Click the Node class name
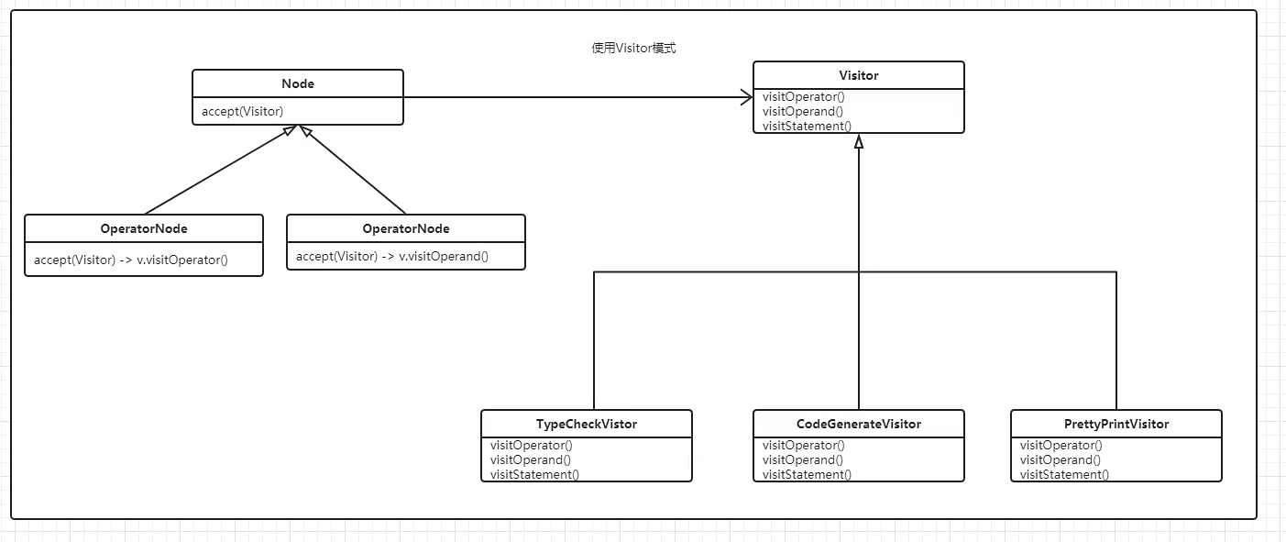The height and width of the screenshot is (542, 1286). click(x=297, y=83)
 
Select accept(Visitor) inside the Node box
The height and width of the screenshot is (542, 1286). click(x=242, y=111)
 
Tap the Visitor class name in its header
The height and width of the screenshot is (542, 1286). click(x=858, y=75)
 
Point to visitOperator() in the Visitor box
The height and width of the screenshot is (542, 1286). click(x=803, y=96)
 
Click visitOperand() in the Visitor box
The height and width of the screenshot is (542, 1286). click(x=803, y=111)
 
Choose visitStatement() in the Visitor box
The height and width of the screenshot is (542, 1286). click(x=807, y=126)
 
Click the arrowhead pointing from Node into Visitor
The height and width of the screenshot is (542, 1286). click(x=746, y=97)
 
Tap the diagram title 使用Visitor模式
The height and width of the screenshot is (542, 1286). click(x=633, y=48)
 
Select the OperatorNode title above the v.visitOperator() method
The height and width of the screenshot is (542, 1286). click(x=144, y=228)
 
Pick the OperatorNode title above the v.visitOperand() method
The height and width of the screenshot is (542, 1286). click(x=406, y=228)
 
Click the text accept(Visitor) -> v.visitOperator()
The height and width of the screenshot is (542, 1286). click(x=131, y=260)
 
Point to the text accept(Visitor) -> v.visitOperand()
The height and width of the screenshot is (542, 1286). click(x=392, y=256)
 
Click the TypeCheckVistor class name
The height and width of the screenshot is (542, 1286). click(x=586, y=424)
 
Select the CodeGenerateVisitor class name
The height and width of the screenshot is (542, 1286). click(x=858, y=424)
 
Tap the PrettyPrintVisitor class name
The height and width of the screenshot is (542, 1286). click(x=1116, y=424)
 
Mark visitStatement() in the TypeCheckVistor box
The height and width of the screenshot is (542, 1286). click(x=534, y=474)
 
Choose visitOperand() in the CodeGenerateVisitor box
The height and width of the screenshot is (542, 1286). click(x=803, y=459)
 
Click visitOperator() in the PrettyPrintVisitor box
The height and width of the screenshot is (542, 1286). click(x=1061, y=445)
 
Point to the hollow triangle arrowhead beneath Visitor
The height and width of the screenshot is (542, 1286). click(x=858, y=141)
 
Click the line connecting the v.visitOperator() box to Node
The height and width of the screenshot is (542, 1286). click(x=221, y=170)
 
